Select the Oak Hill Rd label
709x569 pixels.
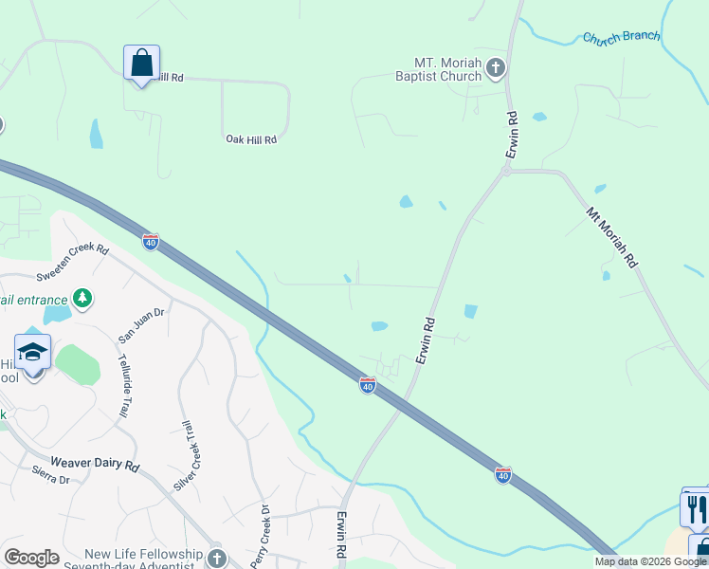251,139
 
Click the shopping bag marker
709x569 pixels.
141,64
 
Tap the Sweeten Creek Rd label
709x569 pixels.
73,263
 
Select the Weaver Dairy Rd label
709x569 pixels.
95,467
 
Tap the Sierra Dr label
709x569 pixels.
51,480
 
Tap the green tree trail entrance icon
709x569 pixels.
82,299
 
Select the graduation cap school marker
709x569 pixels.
33,353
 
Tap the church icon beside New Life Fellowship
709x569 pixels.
217,557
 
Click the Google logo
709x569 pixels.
31,558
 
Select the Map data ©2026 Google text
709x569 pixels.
649,561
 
